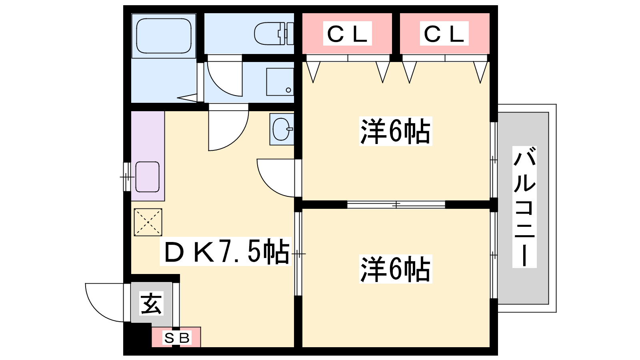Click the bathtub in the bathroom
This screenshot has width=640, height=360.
164,36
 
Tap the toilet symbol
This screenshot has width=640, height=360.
274,34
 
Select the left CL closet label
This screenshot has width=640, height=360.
347,34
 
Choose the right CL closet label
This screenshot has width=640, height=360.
444,34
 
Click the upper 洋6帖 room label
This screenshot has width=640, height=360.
396,132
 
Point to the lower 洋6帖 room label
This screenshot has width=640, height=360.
396,269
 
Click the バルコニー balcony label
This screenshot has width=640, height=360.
524,206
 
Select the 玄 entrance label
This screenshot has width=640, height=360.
152,303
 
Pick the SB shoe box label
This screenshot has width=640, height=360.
177,338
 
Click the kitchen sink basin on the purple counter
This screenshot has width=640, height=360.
148,177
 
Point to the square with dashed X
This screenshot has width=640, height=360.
148,222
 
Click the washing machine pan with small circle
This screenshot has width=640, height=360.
280,82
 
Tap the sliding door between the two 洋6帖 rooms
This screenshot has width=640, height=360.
396,204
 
